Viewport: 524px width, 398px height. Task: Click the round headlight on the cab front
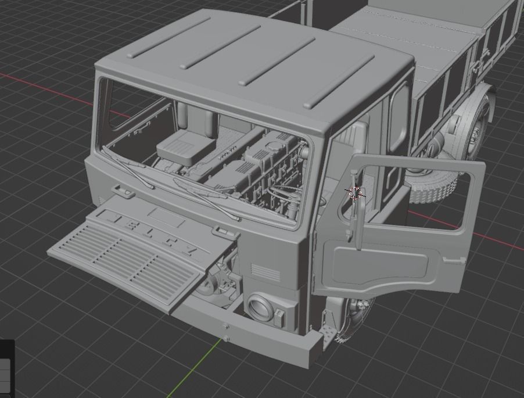pos(260,307)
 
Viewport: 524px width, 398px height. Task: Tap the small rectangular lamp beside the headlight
pos(279,317)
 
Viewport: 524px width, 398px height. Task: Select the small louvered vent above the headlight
pos(261,271)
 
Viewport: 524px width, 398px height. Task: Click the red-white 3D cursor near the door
pos(355,193)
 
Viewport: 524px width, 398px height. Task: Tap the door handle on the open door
pos(451,260)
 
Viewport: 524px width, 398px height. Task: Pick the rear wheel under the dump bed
pos(476,131)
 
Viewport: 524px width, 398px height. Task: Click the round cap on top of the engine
pos(271,140)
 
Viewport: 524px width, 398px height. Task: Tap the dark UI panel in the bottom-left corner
pos(6,369)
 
